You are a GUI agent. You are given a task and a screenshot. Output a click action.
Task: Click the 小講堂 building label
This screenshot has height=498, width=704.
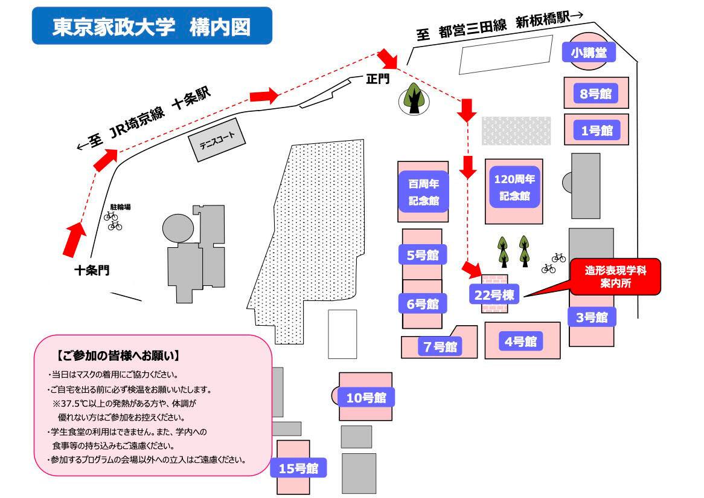pyautogui.click(x=589, y=53)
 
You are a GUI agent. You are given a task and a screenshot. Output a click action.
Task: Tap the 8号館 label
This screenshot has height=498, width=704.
pyautogui.click(x=596, y=94)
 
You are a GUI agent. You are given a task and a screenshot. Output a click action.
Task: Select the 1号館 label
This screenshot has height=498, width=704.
pyautogui.click(x=597, y=131)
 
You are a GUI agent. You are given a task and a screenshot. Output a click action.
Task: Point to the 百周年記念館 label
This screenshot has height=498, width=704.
pyautogui.click(x=423, y=192)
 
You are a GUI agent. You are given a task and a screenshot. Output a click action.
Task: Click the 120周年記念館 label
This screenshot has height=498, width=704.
pyautogui.click(x=514, y=187)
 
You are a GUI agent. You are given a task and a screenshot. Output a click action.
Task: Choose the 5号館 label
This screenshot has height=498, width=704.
pyautogui.click(x=423, y=255)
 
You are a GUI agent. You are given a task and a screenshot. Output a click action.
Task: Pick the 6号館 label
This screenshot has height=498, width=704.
pyautogui.click(x=423, y=304)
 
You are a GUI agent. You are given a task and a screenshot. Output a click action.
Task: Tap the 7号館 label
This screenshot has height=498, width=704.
pyautogui.click(x=440, y=346)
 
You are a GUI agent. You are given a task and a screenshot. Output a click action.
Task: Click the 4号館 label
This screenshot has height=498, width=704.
pyautogui.click(x=521, y=341)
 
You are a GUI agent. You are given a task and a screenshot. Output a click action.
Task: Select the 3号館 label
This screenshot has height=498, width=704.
pyautogui.click(x=592, y=317)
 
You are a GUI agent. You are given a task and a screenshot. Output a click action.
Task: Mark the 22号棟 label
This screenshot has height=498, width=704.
pyautogui.click(x=494, y=295)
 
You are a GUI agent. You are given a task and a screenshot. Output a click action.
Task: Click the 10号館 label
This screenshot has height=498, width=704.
pyautogui.click(x=366, y=397)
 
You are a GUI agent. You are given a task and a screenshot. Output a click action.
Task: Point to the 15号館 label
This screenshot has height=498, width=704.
pyautogui.click(x=298, y=468)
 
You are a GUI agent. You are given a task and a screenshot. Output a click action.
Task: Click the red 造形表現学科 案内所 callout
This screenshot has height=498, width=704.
pyautogui.click(x=616, y=276)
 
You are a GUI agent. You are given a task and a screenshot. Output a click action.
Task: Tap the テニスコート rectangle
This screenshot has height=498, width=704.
pyautogui.click(x=217, y=140)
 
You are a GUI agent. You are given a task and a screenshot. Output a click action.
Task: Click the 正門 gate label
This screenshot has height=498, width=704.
pyautogui.click(x=378, y=79)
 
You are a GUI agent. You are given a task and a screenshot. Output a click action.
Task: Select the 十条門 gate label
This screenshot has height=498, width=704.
pyautogui.click(x=92, y=270)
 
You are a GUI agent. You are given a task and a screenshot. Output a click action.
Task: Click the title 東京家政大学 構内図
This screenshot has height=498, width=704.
pyautogui.click(x=152, y=27)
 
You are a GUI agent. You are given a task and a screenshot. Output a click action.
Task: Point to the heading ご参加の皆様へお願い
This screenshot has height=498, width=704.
pyautogui.click(x=118, y=356)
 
